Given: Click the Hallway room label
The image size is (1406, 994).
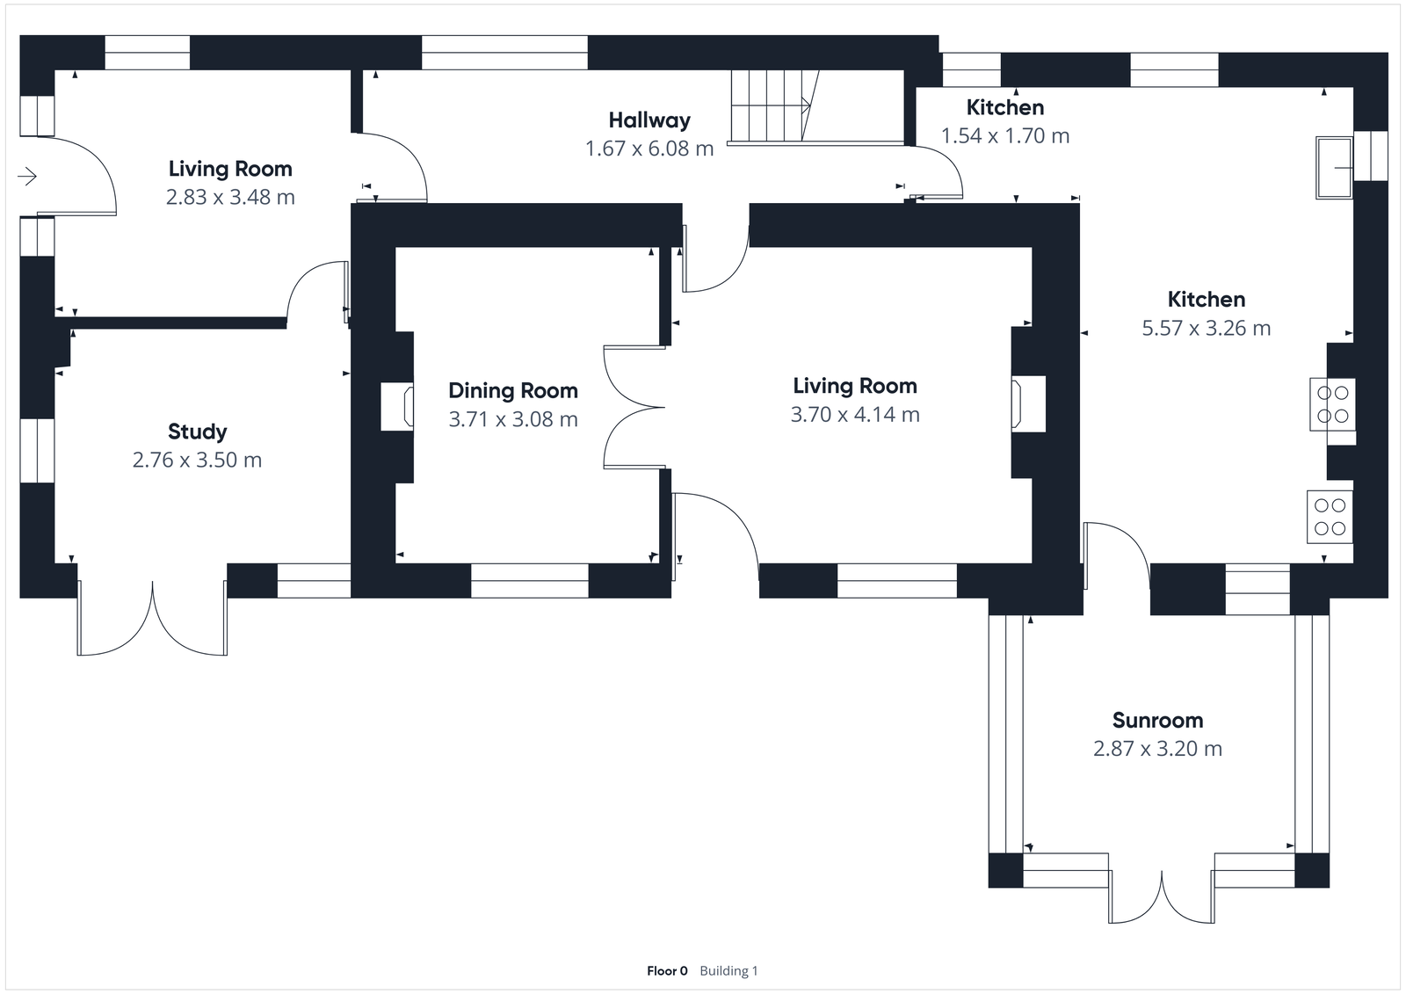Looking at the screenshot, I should tap(649, 120).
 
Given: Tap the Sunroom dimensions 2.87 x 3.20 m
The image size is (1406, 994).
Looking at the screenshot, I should tap(1157, 749).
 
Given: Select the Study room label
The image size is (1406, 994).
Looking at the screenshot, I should tap(198, 432).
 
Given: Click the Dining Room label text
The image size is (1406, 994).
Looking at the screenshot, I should tap(513, 391).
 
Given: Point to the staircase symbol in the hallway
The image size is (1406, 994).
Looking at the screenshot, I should tap(773, 105).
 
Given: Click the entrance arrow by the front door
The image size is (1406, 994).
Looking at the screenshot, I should tap(27, 177).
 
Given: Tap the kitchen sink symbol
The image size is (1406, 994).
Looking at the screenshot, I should tap(1334, 167).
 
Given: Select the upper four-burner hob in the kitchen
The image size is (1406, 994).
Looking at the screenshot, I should tap(1332, 404).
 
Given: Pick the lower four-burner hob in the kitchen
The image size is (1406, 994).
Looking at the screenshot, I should tap(1330, 517).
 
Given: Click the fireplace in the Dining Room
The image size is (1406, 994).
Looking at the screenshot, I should tap(397, 407).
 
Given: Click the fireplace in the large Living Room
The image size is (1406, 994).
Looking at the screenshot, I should tap(1028, 403).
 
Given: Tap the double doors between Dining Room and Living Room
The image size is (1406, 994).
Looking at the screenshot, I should tap(633, 407).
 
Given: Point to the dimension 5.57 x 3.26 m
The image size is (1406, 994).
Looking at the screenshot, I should tap(1206, 329).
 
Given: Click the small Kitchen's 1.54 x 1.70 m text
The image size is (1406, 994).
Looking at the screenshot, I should tap(1005, 136).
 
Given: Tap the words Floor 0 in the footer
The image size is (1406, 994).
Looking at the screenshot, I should tap(667, 971).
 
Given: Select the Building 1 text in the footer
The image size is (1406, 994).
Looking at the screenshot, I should tap(728, 971).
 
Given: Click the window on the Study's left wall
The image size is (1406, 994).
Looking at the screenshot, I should tap(37, 450).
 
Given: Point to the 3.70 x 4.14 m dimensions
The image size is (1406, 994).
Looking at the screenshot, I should tap(855, 415).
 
